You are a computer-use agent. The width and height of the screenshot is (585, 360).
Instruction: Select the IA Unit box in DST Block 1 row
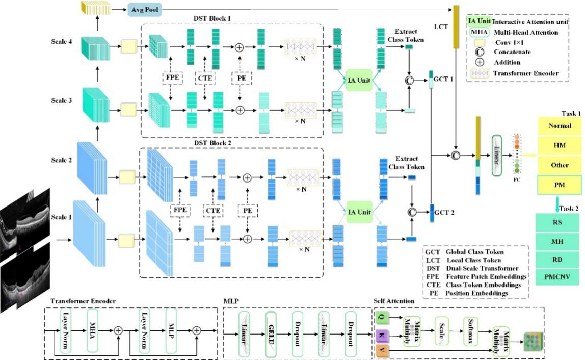(x=359, y=81)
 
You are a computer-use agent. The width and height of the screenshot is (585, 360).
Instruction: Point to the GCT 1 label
(x=442, y=80)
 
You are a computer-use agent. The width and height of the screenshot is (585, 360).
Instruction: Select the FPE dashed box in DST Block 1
(x=170, y=79)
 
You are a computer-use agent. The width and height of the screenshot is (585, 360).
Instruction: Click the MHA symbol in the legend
(x=477, y=33)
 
